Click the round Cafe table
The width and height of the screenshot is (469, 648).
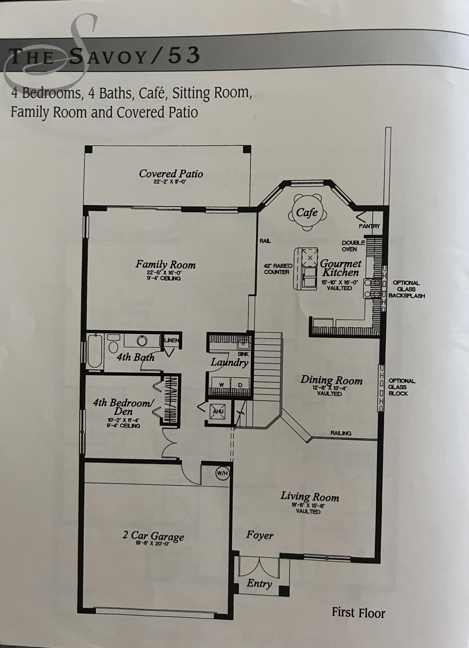coord(307,213)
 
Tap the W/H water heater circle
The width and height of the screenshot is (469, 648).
coord(222,473)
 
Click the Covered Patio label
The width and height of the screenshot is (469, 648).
coord(171,174)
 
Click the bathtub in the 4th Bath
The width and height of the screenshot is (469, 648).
coord(95,351)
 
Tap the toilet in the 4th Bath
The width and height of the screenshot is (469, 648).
coord(113,344)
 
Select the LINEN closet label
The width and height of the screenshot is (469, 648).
coord(172,340)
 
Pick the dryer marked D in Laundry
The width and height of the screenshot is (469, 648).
coord(240,385)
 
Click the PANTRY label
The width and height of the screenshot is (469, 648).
coord(369,226)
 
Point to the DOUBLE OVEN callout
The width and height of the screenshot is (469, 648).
coord(353,246)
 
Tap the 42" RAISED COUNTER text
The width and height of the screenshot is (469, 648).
coord(278,269)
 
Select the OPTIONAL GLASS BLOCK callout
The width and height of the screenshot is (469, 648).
coord(402,387)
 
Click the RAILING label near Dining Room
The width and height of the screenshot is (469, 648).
coord(341,433)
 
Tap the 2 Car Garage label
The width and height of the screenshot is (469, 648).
coord(153,536)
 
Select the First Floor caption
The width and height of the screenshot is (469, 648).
coord(358,613)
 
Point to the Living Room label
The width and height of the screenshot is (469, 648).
coord(309,497)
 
